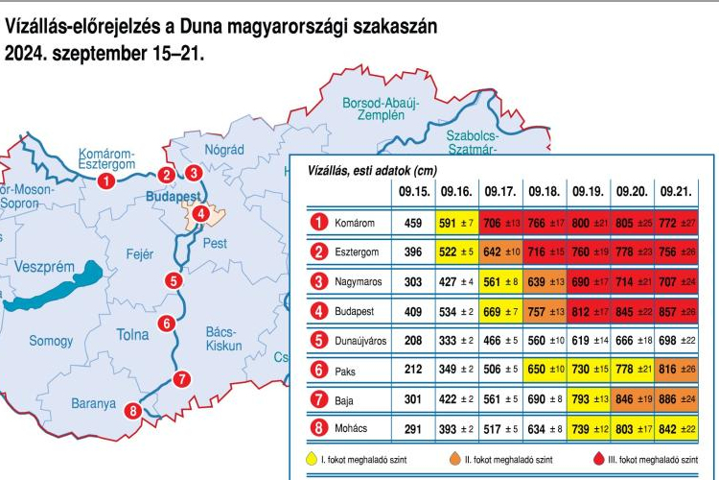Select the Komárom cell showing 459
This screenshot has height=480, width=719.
click(413, 224)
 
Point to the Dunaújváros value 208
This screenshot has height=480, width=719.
click(413, 339)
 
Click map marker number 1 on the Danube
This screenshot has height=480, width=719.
click(106, 179)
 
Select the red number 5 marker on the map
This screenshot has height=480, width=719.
click(173, 281)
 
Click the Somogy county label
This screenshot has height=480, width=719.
click(51, 341)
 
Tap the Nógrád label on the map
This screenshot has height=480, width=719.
click(225, 150)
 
